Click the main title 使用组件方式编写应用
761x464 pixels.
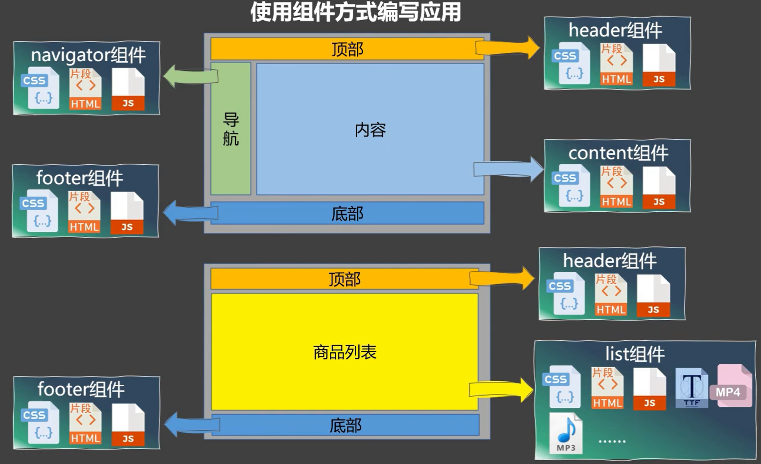coord(355,12)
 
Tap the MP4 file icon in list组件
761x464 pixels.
coord(731,386)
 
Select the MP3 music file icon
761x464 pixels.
coord(566,433)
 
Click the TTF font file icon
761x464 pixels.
coord(692,388)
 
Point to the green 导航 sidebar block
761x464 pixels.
coord(231,129)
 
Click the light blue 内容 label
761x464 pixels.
coord(370,130)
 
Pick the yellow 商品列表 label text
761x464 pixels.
coord(345,352)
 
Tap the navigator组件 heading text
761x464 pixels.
coord(88,55)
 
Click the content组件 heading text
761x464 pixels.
coord(618,153)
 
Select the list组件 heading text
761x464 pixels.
coord(635,354)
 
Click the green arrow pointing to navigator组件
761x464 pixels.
coord(190,76)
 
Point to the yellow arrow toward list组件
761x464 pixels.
coord(501,390)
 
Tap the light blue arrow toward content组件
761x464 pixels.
coord(508,169)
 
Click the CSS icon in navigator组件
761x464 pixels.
coord(40,88)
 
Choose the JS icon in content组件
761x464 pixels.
coord(659,188)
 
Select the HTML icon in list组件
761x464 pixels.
coord(607,388)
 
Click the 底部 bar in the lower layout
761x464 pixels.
coord(345,425)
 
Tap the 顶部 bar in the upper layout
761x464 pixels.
coord(347,49)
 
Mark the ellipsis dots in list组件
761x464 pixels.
coord(612,441)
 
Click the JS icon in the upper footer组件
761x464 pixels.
coord(127,213)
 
